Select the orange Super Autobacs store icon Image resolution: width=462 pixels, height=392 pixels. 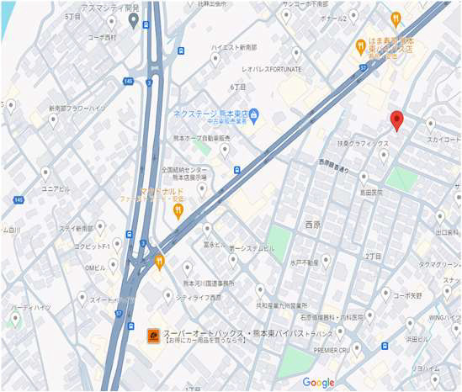(x=153, y=334)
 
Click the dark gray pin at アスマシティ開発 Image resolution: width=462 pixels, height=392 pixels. (x=133, y=19)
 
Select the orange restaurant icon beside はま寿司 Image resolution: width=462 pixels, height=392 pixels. (x=359, y=44)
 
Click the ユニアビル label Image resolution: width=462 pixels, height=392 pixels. (x=56, y=188)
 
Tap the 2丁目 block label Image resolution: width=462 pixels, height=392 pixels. (x=373, y=256)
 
